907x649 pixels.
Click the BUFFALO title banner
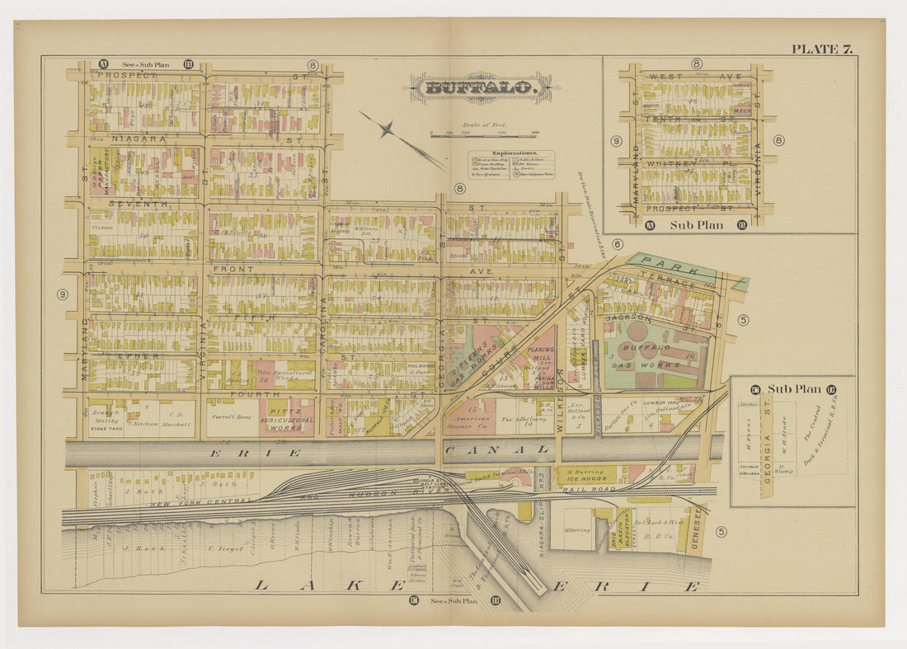(x=482, y=87)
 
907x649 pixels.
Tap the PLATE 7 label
(x=821, y=49)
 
